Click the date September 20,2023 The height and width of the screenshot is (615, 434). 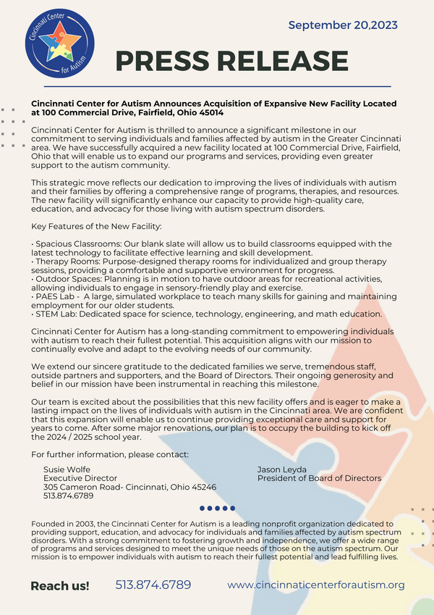[x=343, y=25]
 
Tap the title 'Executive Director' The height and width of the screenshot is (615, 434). [x=80, y=478]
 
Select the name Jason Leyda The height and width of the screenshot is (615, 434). [x=282, y=469]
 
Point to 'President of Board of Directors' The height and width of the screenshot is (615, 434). [x=319, y=478]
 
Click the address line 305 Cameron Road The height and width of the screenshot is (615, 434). [x=129, y=487]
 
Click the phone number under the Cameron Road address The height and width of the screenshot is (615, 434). [x=69, y=496]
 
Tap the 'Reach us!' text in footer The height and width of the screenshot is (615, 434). [x=60, y=585]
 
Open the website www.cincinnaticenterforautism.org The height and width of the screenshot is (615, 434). [x=315, y=585]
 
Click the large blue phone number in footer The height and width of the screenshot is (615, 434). [x=153, y=585]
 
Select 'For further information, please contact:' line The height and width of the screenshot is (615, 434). [x=110, y=454]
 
